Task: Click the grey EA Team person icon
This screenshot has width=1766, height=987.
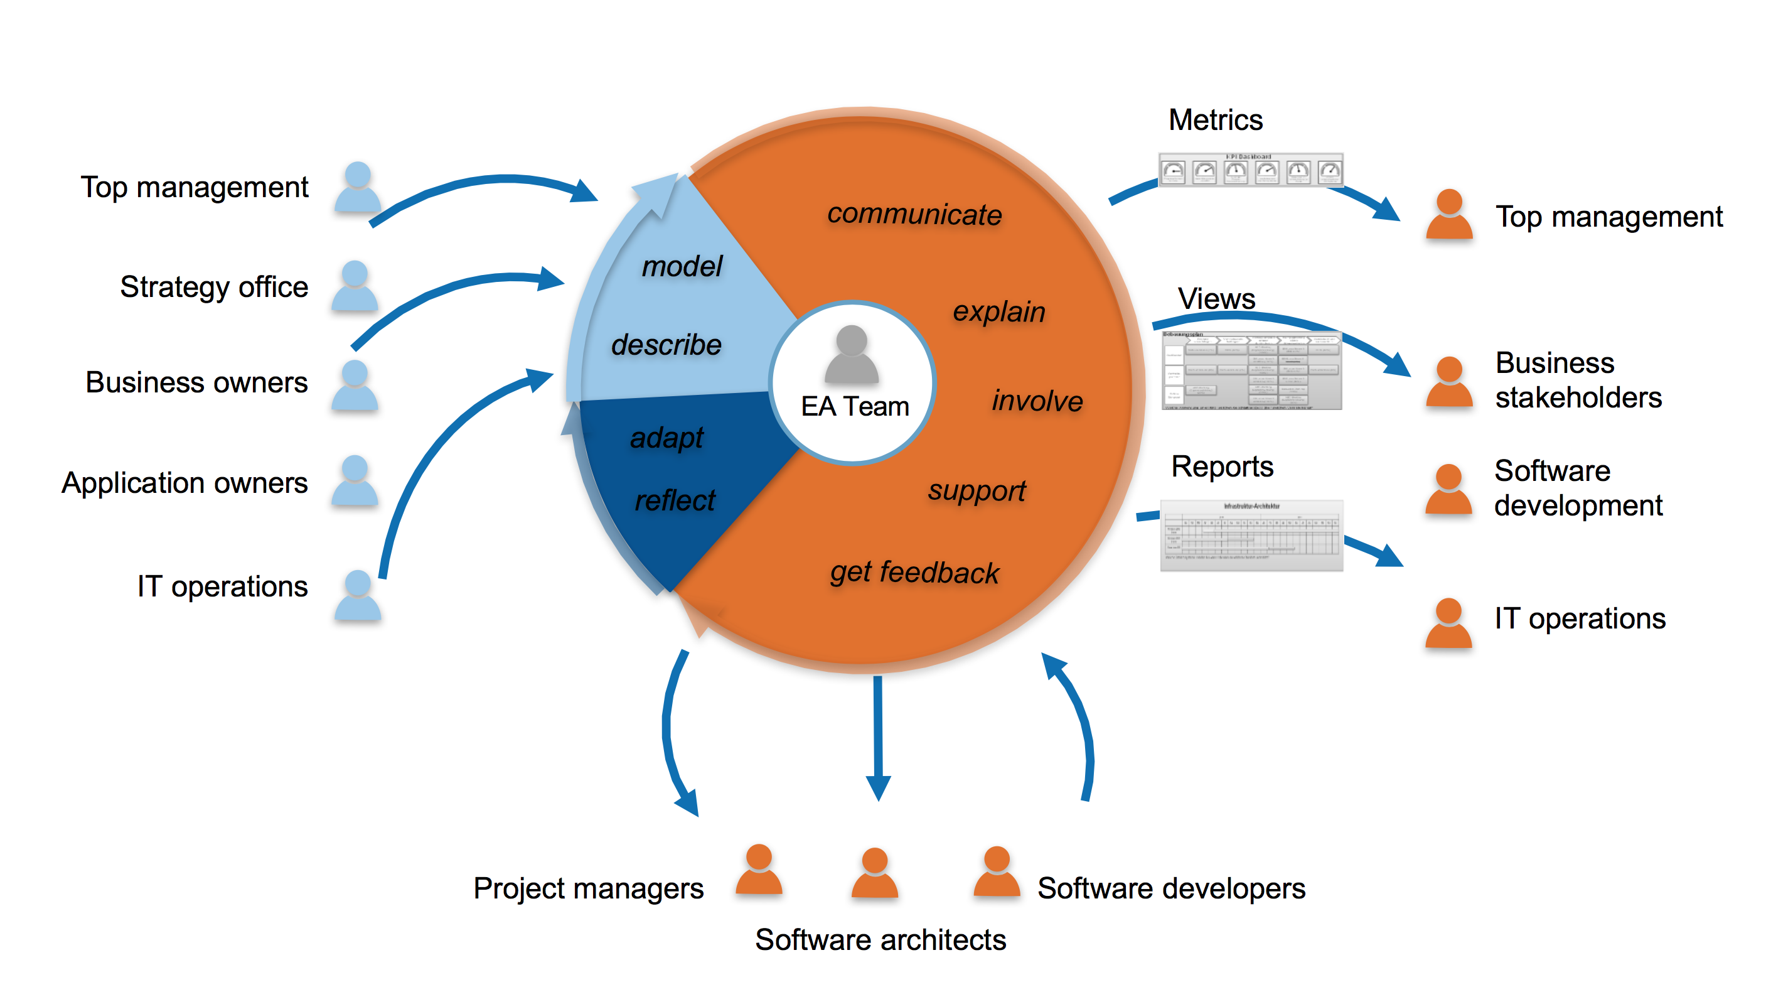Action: [852, 355]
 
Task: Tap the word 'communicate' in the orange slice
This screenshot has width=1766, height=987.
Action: [914, 214]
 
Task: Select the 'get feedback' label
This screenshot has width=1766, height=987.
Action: [914, 572]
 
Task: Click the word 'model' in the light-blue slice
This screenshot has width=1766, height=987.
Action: [682, 266]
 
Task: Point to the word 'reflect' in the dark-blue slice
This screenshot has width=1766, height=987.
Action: [675, 500]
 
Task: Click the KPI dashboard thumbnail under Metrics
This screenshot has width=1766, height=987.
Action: [1251, 170]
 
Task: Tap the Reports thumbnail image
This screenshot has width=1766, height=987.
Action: [1251, 536]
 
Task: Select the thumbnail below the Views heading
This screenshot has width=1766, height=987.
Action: [1251, 371]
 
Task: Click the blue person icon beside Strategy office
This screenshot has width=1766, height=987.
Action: [355, 286]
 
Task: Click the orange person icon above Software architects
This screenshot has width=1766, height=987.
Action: [874, 873]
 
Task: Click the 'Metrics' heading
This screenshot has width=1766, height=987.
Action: [1215, 120]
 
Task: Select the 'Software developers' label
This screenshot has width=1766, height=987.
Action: [1171, 888]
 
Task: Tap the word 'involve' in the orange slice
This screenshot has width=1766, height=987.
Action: [1037, 401]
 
